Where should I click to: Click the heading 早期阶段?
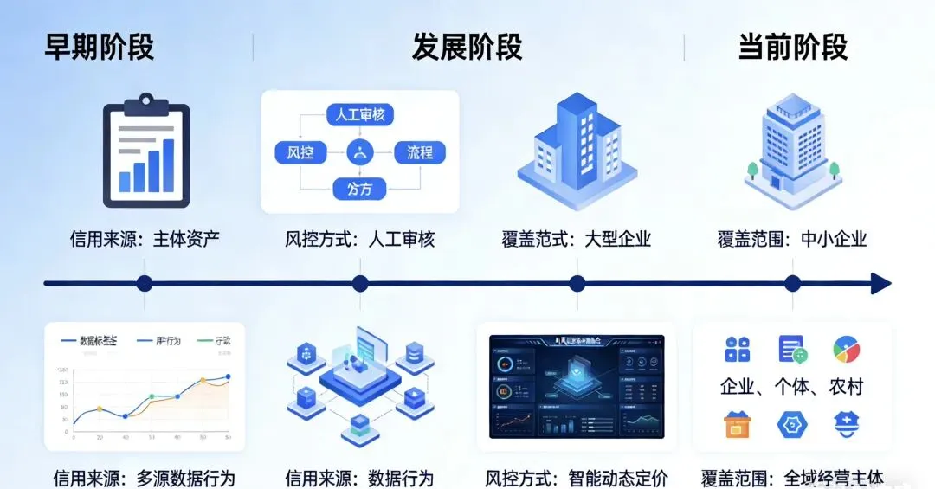(99, 47)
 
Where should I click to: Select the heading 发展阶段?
(467, 47)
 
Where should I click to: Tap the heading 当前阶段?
(792, 47)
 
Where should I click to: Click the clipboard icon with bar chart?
(145, 152)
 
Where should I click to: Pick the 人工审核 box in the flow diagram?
(360, 114)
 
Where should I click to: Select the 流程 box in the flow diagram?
(420, 153)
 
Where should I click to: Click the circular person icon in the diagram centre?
(359, 153)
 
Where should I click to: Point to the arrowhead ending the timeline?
(881, 283)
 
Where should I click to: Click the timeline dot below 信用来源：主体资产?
(145, 283)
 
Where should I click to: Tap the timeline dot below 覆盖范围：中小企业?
(792, 283)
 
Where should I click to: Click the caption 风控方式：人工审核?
(360, 239)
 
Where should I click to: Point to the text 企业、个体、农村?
(792, 387)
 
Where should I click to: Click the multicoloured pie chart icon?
(846, 349)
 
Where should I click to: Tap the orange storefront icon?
(737, 425)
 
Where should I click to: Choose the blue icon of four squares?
(737, 349)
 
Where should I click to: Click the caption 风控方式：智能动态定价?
(577, 478)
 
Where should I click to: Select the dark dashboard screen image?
(577, 386)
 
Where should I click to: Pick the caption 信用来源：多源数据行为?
(144, 478)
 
